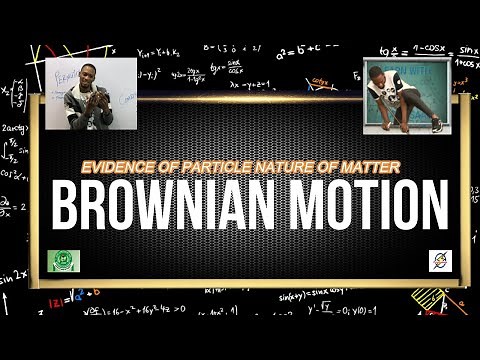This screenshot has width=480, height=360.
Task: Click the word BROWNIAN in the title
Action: tap(166, 205)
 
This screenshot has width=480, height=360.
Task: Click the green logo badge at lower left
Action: tap(63, 260)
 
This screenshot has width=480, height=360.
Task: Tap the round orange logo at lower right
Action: tap(440, 260)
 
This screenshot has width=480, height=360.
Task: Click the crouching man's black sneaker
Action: tap(436, 125)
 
